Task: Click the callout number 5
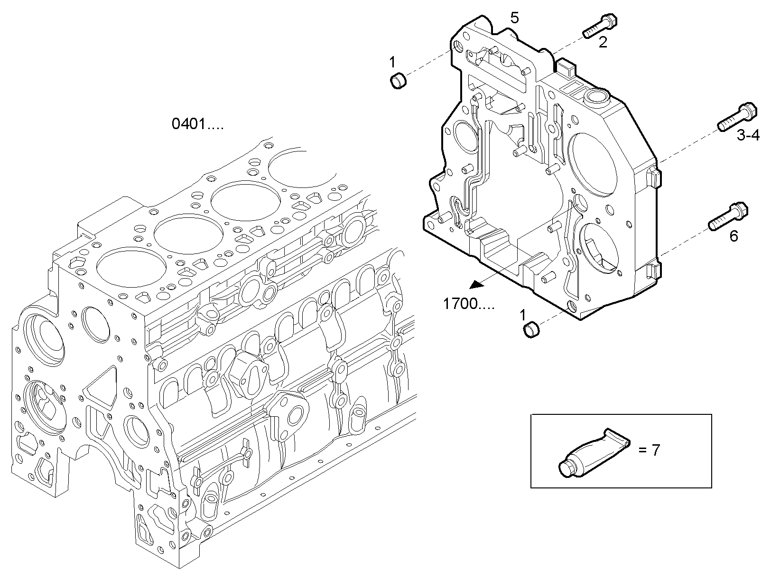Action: [515, 18]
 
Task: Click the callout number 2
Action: [603, 43]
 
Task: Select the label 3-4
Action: [748, 136]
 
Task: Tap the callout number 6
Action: [734, 236]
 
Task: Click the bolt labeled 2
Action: [599, 26]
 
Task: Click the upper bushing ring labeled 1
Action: [398, 80]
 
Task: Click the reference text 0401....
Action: [197, 124]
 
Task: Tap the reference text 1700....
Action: [468, 304]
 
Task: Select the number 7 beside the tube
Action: [655, 450]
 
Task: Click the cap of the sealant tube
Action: [567, 469]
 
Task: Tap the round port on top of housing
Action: [596, 97]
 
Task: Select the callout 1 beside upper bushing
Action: [392, 61]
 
